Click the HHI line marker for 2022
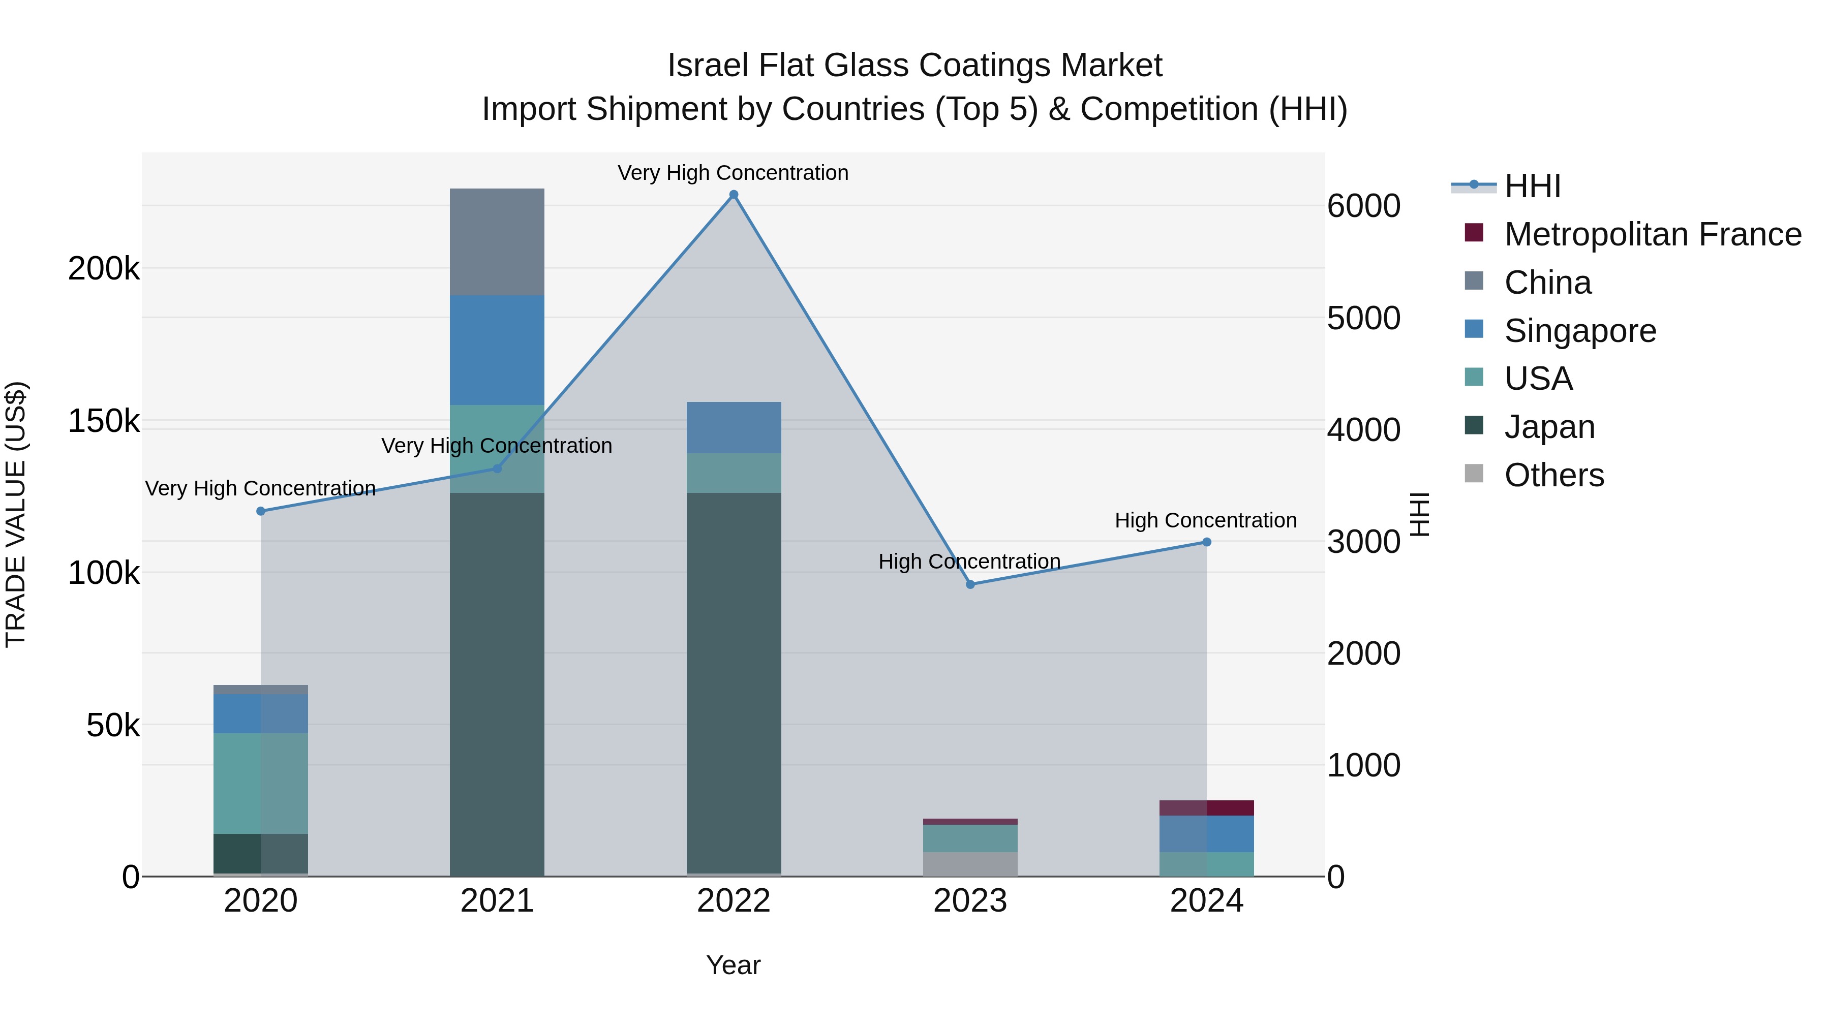pos(734,195)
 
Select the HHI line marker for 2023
pos(970,584)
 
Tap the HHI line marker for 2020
pos(261,511)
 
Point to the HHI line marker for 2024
pos(1206,542)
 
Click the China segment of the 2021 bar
pos(497,241)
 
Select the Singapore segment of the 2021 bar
pos(497,350)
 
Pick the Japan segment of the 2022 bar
pos(734,682)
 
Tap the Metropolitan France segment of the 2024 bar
pos(1206,807)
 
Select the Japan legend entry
pos(1549,427)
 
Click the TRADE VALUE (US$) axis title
pos(16,514)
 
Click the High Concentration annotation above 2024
pos(1206,520)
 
